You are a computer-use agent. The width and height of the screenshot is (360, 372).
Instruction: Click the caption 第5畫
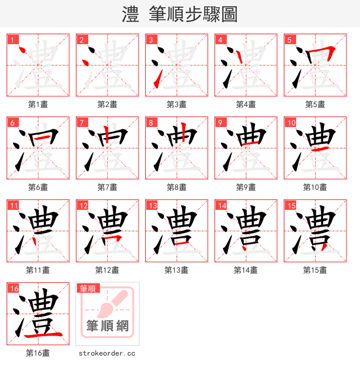point(315,104)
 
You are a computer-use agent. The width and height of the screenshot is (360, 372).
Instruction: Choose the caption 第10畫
point(315,187)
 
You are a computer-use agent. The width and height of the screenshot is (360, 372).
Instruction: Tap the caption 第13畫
point(176,270)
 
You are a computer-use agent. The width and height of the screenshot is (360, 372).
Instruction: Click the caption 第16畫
point(38,353)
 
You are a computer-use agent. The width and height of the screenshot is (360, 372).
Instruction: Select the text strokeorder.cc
point(107,354)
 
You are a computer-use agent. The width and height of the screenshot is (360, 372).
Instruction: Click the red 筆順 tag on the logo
point(89,288)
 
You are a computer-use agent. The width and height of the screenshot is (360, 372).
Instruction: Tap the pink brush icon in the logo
point(112,304)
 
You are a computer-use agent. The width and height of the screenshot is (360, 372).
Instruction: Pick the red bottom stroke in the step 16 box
point(43,335)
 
